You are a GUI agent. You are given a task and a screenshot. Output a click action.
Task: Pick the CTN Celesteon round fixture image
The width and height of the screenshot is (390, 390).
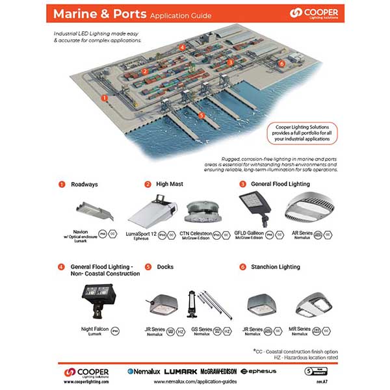(x=201, y=213)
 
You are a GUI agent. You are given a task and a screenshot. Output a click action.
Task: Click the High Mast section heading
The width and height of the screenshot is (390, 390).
(x=169, y=185)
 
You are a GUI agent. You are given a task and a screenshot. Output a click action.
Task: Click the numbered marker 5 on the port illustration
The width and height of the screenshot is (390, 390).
(x=201, y=115)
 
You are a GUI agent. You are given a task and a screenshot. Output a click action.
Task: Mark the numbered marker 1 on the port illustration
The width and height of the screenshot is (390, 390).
(x=104, y=97)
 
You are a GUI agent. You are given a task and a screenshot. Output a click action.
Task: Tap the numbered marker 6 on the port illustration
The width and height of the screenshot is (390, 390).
(x=281, y=64)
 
